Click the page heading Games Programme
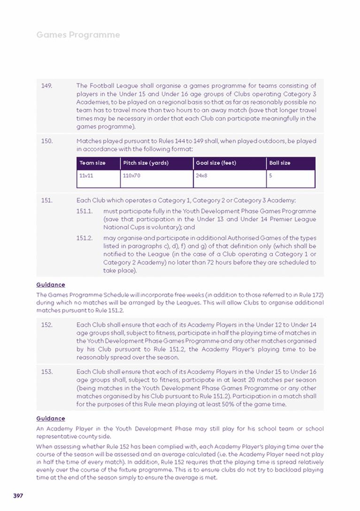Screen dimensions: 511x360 pos(78,35)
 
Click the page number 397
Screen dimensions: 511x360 pos(18,496)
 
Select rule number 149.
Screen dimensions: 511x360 pos(46,86)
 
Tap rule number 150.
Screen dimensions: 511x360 pos(46,141)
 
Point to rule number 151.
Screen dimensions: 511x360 pos(46,200)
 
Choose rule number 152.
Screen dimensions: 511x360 pos(46,325)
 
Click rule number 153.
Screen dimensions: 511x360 pos(46,372)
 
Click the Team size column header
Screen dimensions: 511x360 pos(92,163)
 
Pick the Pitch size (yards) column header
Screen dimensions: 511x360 pos(146,163)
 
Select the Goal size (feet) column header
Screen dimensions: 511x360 pos(216,163)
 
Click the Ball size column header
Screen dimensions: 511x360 pos(280,163)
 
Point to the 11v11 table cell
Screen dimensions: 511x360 pos(86,176)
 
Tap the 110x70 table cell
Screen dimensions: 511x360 pos(131,176)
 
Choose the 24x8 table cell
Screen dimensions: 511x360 pos(201,176)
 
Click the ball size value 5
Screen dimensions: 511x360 pos(271,176)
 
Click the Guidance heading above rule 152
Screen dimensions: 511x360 pos(51,285)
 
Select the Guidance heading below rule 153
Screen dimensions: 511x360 pos(51,419)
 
